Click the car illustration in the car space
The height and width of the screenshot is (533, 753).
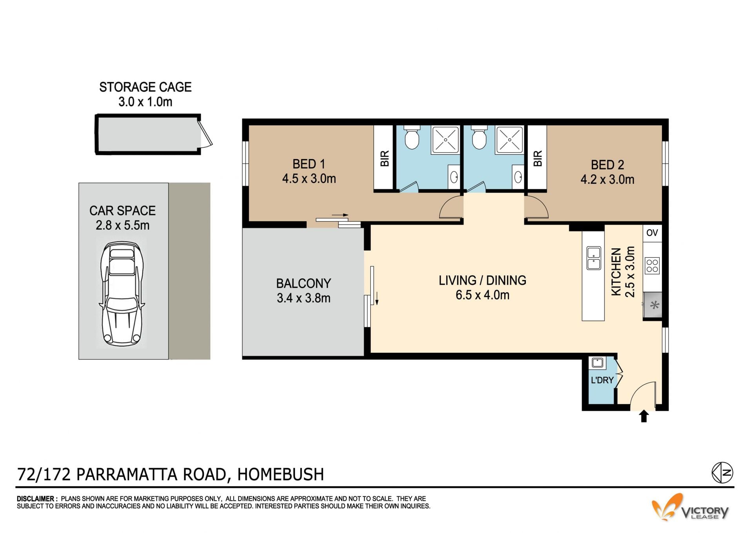click(x=122, y=295)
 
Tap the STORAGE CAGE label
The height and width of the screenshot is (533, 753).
click(x=146, y=87)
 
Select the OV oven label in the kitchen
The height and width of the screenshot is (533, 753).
click(x=652, y=233)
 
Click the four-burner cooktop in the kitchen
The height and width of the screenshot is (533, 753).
click(x=652, y=265)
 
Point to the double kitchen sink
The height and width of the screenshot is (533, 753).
click(x=593, y=258)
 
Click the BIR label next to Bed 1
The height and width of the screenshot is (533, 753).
click(x=385, y=158)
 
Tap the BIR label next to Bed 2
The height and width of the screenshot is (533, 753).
click(x=538, y=158)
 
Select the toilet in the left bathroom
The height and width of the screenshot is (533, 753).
click(x=412, y=137)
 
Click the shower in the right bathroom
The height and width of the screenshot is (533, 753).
click(x=509, y=139)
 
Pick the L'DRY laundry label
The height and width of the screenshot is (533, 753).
click(x=602, y=380)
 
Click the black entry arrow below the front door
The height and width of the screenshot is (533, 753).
click(x=644, y=416)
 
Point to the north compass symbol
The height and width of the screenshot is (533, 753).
click(x=722, y=473)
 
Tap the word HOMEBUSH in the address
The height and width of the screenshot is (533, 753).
click(x=281, y=474)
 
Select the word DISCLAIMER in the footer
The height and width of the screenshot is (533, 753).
click(x=35, y=499)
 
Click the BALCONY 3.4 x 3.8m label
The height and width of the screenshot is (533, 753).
click(x=304, y=291)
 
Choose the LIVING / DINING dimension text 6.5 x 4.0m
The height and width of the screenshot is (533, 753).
click(x=482, y=295)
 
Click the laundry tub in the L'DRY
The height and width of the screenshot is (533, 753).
click(x=597, y=363)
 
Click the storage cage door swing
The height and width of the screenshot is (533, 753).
click(x=207, y=133)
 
